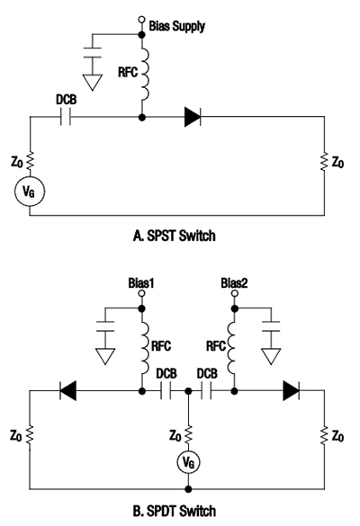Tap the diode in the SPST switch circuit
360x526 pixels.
coord(193,115)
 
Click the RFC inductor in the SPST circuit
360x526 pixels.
coord(142,78)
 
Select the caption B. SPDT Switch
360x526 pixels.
coord(177,512)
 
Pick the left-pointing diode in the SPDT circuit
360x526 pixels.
coord(67,390)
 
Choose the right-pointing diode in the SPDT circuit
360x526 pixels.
coord(291,390)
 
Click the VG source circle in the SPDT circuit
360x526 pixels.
coord(187,461)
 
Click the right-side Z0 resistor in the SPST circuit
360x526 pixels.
coord(323,163)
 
